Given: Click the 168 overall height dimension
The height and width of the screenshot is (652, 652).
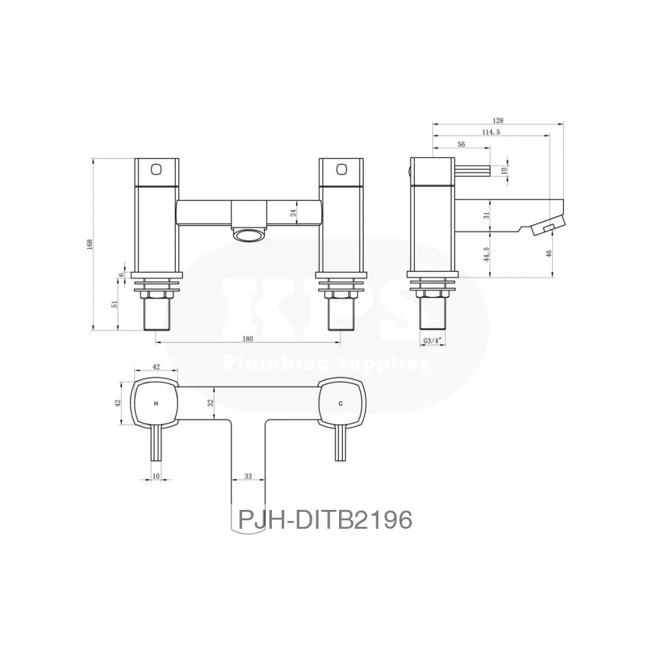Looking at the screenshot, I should (x=90, y=244).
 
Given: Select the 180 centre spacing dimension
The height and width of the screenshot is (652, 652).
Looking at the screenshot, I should (x=248, y=338).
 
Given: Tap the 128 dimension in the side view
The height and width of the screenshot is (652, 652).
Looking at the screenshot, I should (x=499, y=120).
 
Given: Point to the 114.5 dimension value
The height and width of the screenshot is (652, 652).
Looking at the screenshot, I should (x=490, y=132).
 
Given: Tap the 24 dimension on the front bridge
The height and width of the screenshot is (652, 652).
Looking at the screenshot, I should (x=293, y=212).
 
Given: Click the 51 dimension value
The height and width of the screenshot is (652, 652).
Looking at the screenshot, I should (x=115, y=305).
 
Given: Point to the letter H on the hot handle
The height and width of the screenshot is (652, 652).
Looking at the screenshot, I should (x=156, y=404).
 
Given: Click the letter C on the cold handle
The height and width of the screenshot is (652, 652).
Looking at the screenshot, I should (x=340, y=404).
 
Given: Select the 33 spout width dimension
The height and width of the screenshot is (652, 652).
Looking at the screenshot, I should (x=248, y=477).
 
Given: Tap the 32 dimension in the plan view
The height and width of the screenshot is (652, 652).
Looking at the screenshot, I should (x=211, y=404).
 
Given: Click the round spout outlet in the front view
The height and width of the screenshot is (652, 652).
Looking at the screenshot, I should (x=248, y=235).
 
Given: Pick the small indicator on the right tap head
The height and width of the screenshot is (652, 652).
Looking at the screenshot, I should (x=340, y=169).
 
